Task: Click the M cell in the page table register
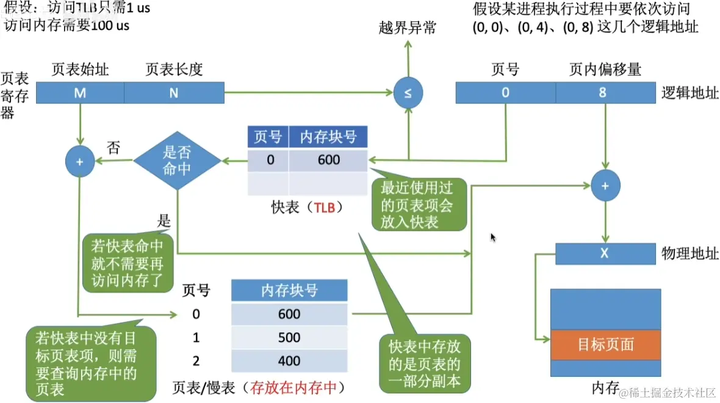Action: click(x=80, y=93)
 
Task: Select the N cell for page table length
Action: click(x=174, y=93)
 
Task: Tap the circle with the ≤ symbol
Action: click(x=408, y=93)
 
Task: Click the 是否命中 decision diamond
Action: click(x=178, y=161)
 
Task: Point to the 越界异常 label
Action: click(x=408, y=28)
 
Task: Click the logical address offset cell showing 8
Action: click(x=602, y=93)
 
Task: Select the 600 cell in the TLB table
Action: click(x=328, y=161)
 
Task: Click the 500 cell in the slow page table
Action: click(x=289, y=338)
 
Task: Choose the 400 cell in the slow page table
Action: click(x=289, y=361)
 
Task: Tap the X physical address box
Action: click(x=604, y=253)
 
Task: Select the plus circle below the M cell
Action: click(x=80, y=162)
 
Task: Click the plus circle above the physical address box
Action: click(x=605, y=186)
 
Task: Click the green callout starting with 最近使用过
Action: click(x=419, y=205)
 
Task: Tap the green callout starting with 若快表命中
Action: click(x=127, y=263)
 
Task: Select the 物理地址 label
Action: click(x=689, y=253)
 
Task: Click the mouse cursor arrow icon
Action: click(x=493, y=238)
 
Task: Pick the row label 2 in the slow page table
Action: click(x=196, y=361)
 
